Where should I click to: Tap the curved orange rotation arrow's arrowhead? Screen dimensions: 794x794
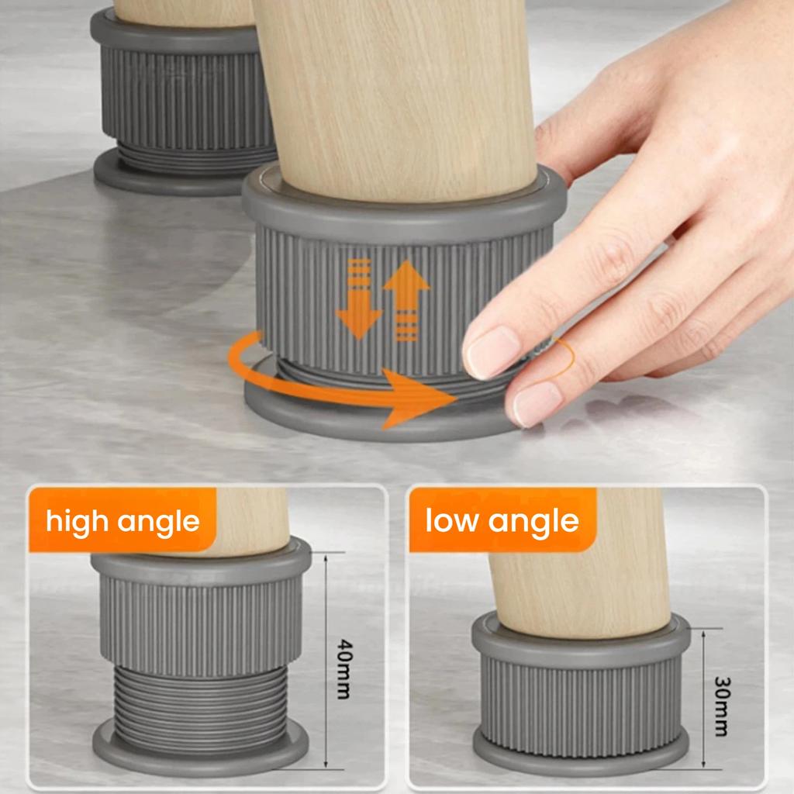click(423, 396)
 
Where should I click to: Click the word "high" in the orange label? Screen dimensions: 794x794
click(78, 520)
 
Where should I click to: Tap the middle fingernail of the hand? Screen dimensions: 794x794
click(536, 403)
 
